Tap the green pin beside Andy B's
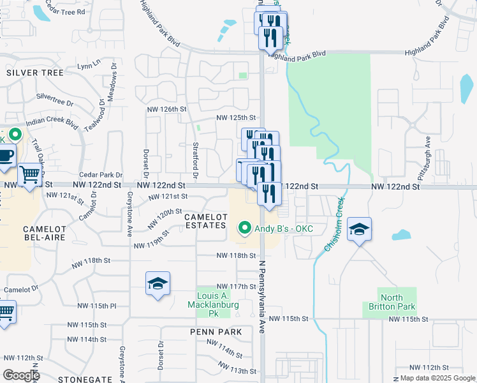click(x=244, y=228)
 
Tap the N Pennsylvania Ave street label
click(x=261, y=297)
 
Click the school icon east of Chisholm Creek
click(x=360, y=229)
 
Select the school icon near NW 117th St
click(x=158, y=284)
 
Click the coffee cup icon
click(x=5, y=156)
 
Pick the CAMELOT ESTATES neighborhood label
click(x=205, y=221)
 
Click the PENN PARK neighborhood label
click(x=216, y=332)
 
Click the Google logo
click(x=21, y=375)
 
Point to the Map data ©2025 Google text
click(x=437, y=378)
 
